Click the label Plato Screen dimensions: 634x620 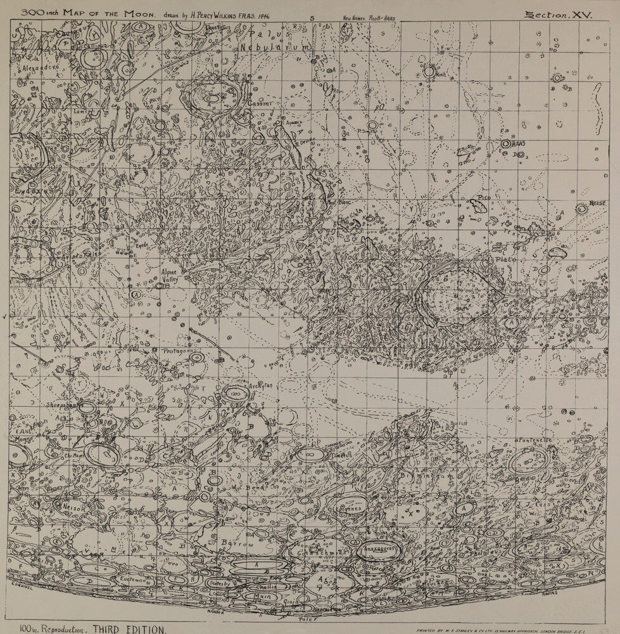coord(506,259)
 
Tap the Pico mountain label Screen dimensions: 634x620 coord(484,198)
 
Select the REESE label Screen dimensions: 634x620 coord(598,203)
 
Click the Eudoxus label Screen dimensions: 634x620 coord(28,189)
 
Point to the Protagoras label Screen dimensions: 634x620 coord(173,351)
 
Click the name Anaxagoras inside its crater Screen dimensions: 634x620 coord(379,547)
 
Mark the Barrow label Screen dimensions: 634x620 coord(237,543)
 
